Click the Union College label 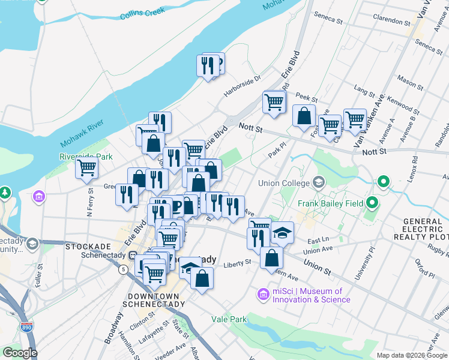(283, 183)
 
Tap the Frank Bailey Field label (331, 203)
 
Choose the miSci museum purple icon (262, 294)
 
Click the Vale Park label (229, 319)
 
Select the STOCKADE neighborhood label (88, 247)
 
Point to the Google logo (20, 353)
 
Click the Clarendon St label (391, 20)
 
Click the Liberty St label (237, 263)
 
